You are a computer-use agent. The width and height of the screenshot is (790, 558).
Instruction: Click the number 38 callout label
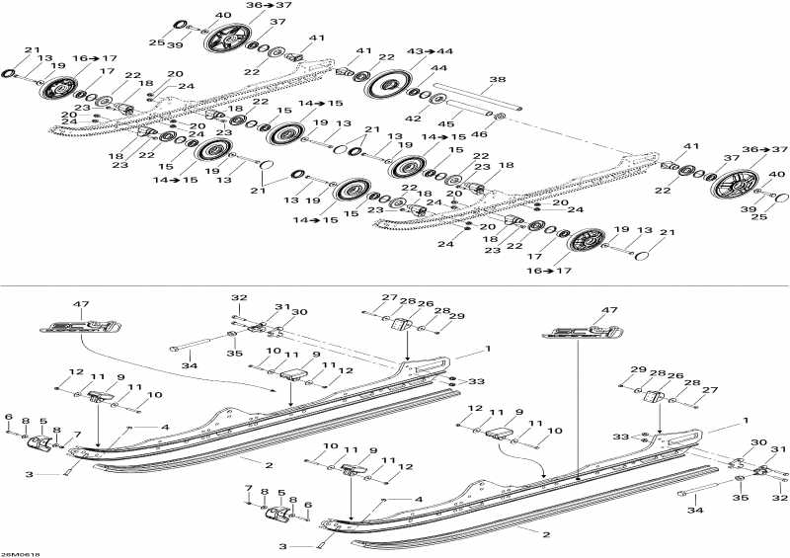point(497,79)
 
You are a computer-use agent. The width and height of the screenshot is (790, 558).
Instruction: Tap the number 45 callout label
point(447,124)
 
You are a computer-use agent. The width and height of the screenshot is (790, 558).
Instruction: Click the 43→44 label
point(437,50)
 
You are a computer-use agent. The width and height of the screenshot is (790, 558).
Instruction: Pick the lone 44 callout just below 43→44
point(438,67)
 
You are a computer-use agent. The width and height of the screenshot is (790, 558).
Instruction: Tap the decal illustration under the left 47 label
point(79,324)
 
